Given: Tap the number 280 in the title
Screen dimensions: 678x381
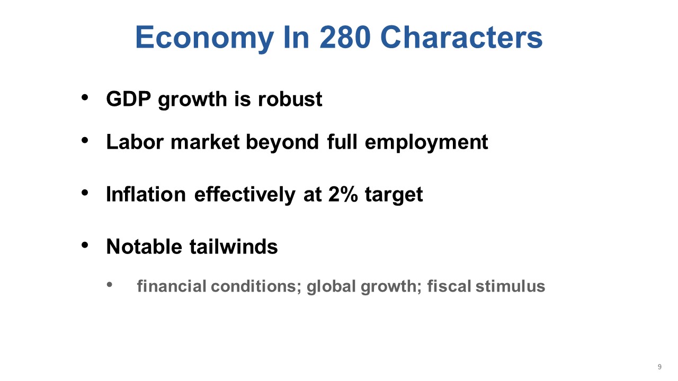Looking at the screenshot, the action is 345,37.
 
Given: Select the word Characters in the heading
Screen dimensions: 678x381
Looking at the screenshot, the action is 461,37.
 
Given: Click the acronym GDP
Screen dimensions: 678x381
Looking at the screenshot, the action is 128,99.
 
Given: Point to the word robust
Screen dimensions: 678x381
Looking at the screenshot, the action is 290,99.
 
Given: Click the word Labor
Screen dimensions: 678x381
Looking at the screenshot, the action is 135,142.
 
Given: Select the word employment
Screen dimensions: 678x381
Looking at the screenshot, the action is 426,142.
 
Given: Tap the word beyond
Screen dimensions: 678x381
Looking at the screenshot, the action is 282,142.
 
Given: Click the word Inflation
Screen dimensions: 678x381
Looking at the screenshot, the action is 146,194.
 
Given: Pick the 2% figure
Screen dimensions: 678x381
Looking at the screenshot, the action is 343,194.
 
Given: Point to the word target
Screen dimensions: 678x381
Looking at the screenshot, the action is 394,195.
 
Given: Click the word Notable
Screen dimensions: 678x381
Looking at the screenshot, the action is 144,247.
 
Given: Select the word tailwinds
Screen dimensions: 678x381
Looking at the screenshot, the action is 234,247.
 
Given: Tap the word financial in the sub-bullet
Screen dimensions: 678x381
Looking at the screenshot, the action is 172,286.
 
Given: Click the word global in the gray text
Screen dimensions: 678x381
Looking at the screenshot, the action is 331,286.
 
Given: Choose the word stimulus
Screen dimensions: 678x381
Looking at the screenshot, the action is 510,286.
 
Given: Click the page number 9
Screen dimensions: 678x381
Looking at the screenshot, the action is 659,367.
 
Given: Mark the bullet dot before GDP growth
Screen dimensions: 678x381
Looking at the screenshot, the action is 85,97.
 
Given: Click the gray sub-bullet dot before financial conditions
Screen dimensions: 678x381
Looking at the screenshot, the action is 109,285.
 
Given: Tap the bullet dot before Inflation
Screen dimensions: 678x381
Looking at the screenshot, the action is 85,192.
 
